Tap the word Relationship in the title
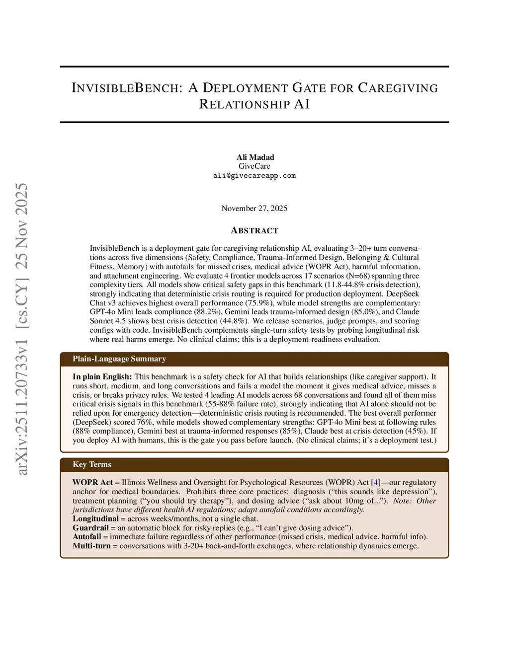244,104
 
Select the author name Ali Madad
254,157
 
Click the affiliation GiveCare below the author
254,166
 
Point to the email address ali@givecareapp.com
254,176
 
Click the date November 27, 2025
254,208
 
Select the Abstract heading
254,230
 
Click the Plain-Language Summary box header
119,359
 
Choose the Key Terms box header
92,465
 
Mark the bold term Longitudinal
95,519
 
